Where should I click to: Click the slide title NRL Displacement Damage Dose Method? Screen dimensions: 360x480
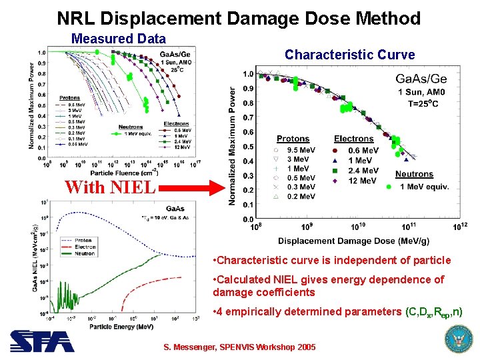click(239, 17)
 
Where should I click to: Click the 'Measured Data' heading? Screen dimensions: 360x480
click(118, 39)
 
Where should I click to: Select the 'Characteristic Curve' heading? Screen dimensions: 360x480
click(349, 55)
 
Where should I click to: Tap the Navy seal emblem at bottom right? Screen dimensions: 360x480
click(457, 339)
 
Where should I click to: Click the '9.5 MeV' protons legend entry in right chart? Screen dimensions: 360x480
click(299, 151)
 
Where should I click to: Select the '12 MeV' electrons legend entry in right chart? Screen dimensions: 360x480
click(363, 181)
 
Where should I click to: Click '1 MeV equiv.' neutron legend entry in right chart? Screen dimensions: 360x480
click(424, 186)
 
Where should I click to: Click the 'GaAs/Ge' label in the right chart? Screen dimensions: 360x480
click(421, 79)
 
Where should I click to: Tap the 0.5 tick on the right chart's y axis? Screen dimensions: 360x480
click(247, 147)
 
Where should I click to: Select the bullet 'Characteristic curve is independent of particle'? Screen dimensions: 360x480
click(326, 260)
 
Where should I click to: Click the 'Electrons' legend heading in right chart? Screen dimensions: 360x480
click(353, 139)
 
